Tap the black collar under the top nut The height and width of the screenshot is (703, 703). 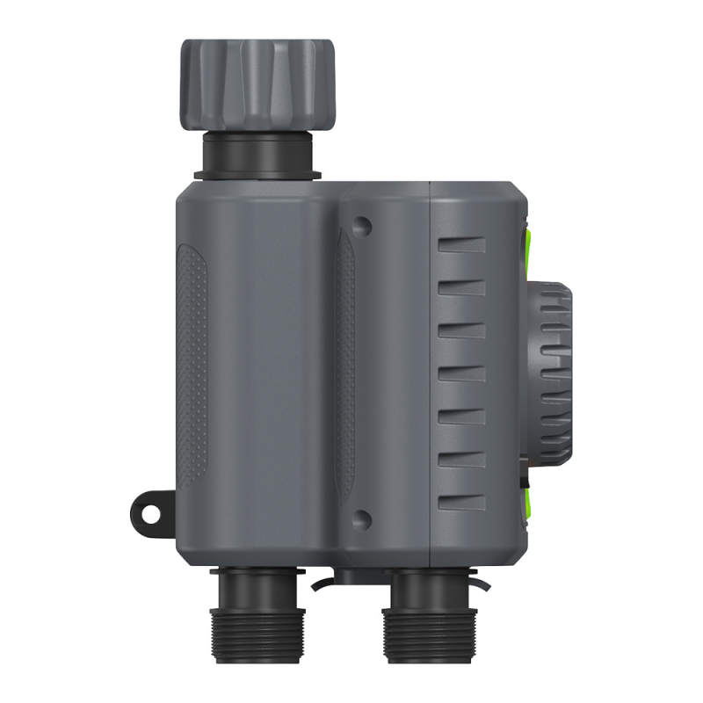click(257, 154)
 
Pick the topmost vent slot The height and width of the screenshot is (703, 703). click(462, 245)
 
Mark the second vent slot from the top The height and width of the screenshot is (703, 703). click(462, 288)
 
